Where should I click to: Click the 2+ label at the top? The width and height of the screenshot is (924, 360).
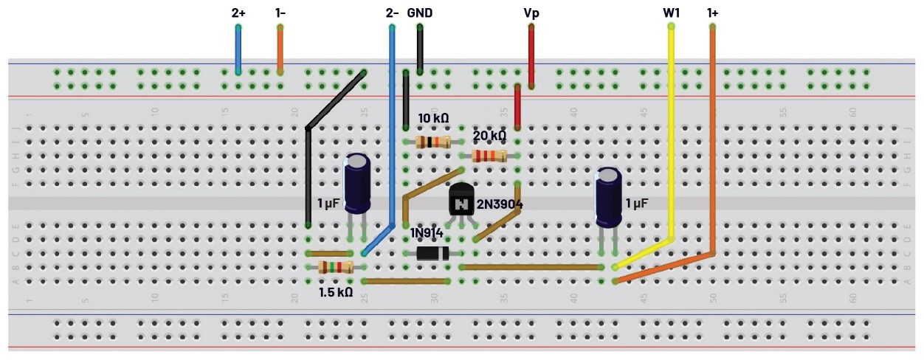pyautogui.click(x=238, y=13)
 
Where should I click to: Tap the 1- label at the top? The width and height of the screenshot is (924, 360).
pyautogui.click(x=280, y=13)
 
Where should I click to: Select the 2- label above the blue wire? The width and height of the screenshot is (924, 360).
pyautogui.click(x=393, y=13)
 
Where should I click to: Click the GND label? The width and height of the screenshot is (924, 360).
pyautogui.click(x=420, y=13)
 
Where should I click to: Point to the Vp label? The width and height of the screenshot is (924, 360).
pyautogui.click(x=531, y=13)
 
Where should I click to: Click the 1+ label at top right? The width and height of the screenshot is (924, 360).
pyautogui.click(x=713, y=13)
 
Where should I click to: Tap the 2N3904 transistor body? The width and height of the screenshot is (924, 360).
pyautogui.click(x=461, y=201)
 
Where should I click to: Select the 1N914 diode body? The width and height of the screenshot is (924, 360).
pyautogui.click(x=432, y=253)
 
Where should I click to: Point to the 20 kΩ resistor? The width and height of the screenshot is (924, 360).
pyautogui.click(x=489, y=156)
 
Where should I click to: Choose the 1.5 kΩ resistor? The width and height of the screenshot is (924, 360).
pyautogui.click(x=336, y=267)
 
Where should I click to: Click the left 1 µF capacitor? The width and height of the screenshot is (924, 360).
pyautogui.click(x=358, y=184)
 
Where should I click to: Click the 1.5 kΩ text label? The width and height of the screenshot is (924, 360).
pyautogui.click(x=335, y=293)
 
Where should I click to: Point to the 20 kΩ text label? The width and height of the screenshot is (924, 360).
pyautogui.click(x=489, y=136)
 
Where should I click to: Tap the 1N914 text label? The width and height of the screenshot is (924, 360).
pyautogui.click(x=427, y=233)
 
